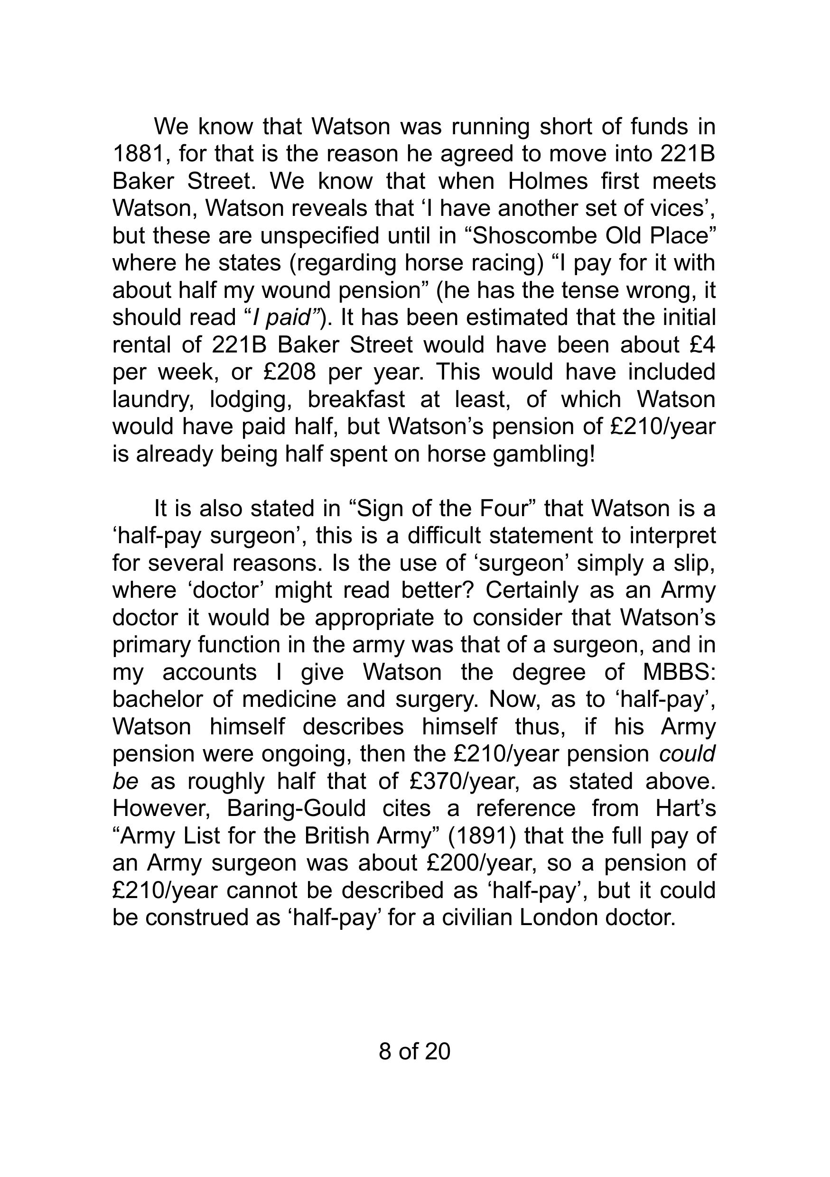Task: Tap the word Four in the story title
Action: pyautogui.click(x=504, y=509)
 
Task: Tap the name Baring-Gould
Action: pyautogui.click(x=296, y=808)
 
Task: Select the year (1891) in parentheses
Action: pyautogui.click(x=482, y=835)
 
